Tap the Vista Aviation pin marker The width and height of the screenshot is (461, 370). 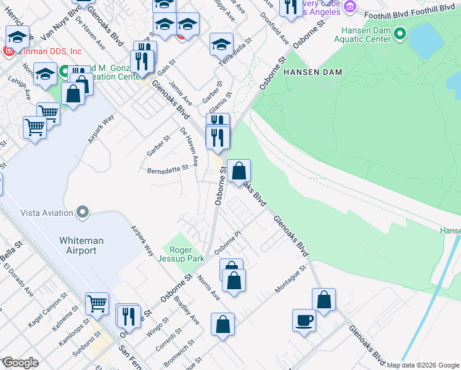(83, 213)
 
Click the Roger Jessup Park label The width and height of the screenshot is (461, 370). (183, 255)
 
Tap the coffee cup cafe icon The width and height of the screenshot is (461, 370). (304, 321)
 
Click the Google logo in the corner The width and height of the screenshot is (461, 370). (20, 363)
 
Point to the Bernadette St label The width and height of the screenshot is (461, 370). (167, 169)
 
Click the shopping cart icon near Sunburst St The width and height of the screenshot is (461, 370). (97, 303)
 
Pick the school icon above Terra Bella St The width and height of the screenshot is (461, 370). (221, 44)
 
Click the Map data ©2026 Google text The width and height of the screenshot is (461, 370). (423, 365)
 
